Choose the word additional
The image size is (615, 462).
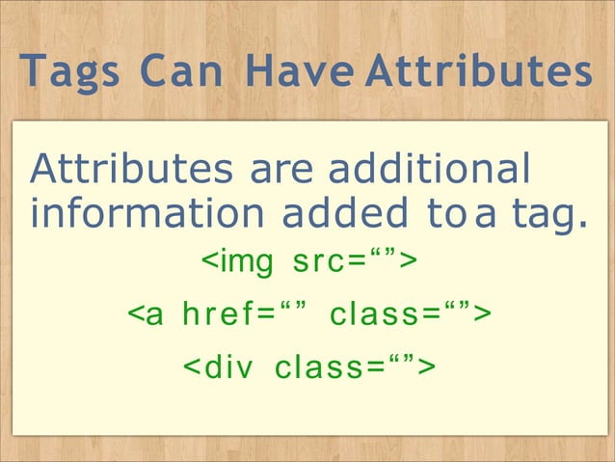coord(430,171)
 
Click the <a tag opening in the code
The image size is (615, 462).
coord(146,314)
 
